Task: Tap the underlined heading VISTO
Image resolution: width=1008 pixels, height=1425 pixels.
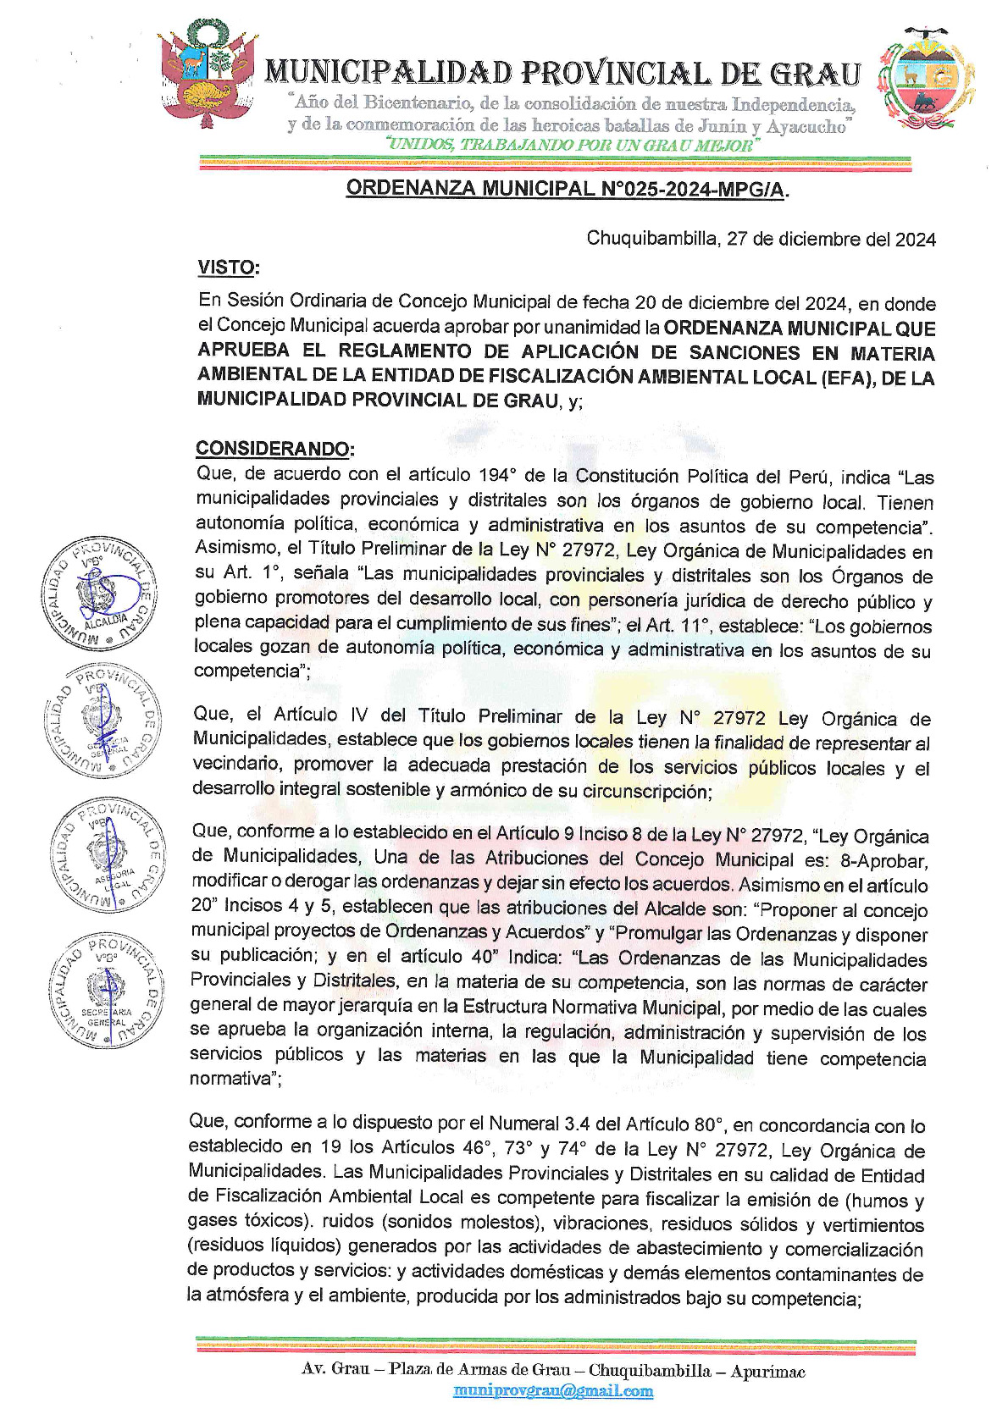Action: pyautogui.click(x=227, y=268)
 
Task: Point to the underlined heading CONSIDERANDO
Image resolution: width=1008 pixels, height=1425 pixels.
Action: pyautogui.click(x=274, y=448)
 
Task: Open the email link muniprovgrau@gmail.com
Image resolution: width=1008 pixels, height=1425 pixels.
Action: pyautogui.click(x=553, y=1390)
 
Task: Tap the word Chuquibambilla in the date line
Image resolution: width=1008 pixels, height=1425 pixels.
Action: pyautogui.click(x=651, y=239)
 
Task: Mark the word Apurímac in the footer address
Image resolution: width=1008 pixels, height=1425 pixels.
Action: pyautogui.click(x=767, y=1371)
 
